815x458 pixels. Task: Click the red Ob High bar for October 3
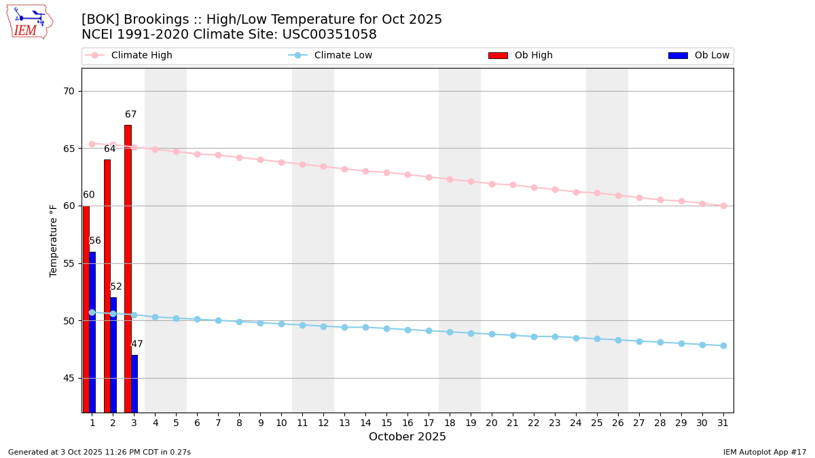pyautogui.click(x=128, y=268)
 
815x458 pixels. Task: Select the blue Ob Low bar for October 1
pyautogui.click(x=92, y=332)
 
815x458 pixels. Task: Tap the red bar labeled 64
pyautogui.click(x=107, y=285)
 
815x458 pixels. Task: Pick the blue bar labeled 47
pyautogui.click(x=134, y=383)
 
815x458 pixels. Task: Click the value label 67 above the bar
pyautogui.click(x=130, y=115)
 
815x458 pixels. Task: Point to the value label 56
pyautogui.click(x=95, y=241)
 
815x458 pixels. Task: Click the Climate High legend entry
pyautogui.click(x=141, y=56)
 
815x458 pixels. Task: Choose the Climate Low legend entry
pyautogui.click(x=343, y=56)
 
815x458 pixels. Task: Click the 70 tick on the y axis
pyautogui.click(x=69, y=91)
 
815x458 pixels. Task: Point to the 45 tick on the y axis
pyautogui.click(x=69, y=378)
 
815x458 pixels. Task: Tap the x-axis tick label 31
pyautogui.click(x=723, y=423)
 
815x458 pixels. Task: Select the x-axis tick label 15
pyautogui.click(x=386, y=423)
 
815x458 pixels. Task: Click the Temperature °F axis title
pyautogui.click(x=54, y=240)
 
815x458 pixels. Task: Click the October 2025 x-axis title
pyautogui.click(x=407, y=437)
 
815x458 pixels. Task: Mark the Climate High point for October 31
pyautogui.click(x=723, y=206)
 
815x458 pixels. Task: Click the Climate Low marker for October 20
pyautogui.click(x=492, y=334)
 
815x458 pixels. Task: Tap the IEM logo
pyautogui.click(x=29, y=22)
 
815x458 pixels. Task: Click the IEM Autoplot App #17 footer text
pyautogui.click(x=764, y=452)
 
